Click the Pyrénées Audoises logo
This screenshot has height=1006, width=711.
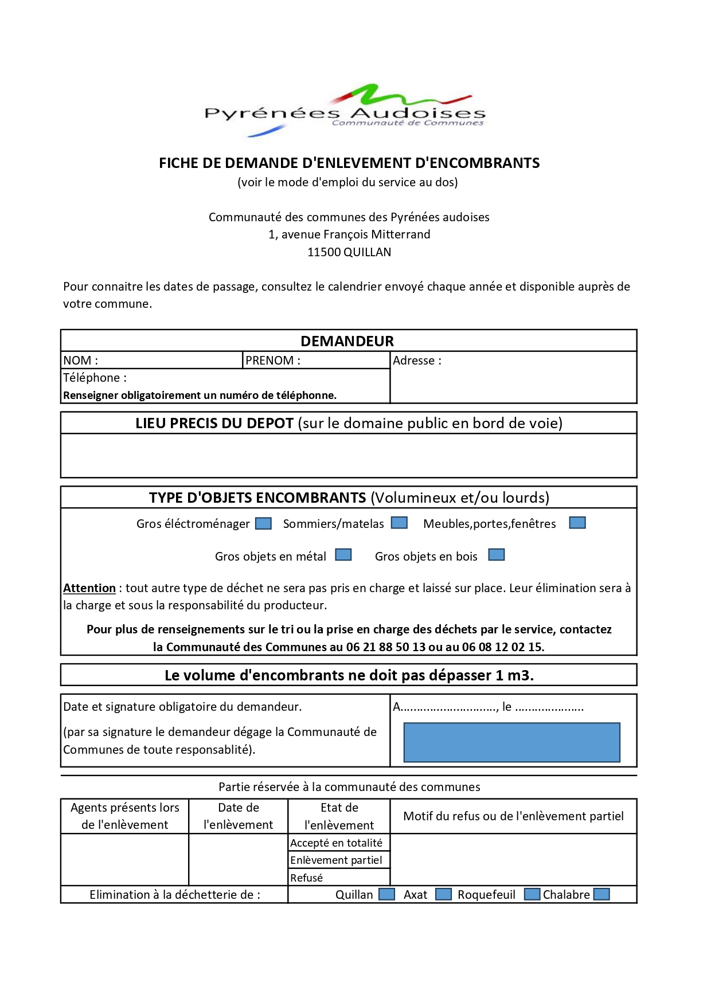click(x=345, y=111)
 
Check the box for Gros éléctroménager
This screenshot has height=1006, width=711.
click(x=263, y=523)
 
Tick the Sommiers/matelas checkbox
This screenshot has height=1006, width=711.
click(x=399, y=523)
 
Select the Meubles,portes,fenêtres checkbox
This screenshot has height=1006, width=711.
click(x=577, y=523)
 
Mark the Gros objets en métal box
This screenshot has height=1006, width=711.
click(x=343, y=555)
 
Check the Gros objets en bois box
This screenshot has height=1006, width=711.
click(x=497, y=555)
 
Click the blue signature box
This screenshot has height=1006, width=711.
click(x=511, y=742)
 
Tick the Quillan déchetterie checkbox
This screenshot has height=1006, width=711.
click(x=387, y=894)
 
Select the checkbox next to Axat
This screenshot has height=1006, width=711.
click(x=443, y=894)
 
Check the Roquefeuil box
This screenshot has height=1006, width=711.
click(x=532, y=894)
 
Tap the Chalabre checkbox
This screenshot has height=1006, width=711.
click(x=601, y=894)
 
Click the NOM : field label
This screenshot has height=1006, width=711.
click(x=81, y=361)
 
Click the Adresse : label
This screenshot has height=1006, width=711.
click(x=417, y=361)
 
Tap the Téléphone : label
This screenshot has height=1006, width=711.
click(x=95, y=378)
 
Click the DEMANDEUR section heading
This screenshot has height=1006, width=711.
click(x=347, y=341)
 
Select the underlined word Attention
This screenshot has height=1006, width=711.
click(x=89, y=588)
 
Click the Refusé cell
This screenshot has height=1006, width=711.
click(x=307, y=878)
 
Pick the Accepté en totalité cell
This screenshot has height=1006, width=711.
click(x=337, y=843)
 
